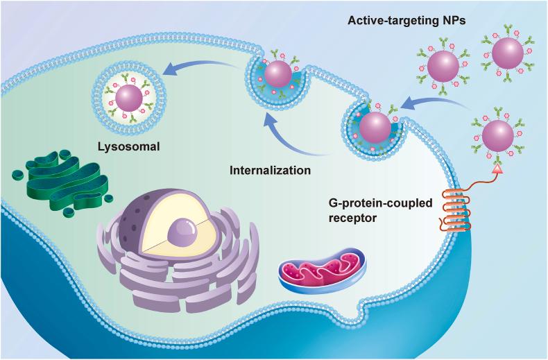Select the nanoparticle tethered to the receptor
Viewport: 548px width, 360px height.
pyautogui.click(x=497, y=135)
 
